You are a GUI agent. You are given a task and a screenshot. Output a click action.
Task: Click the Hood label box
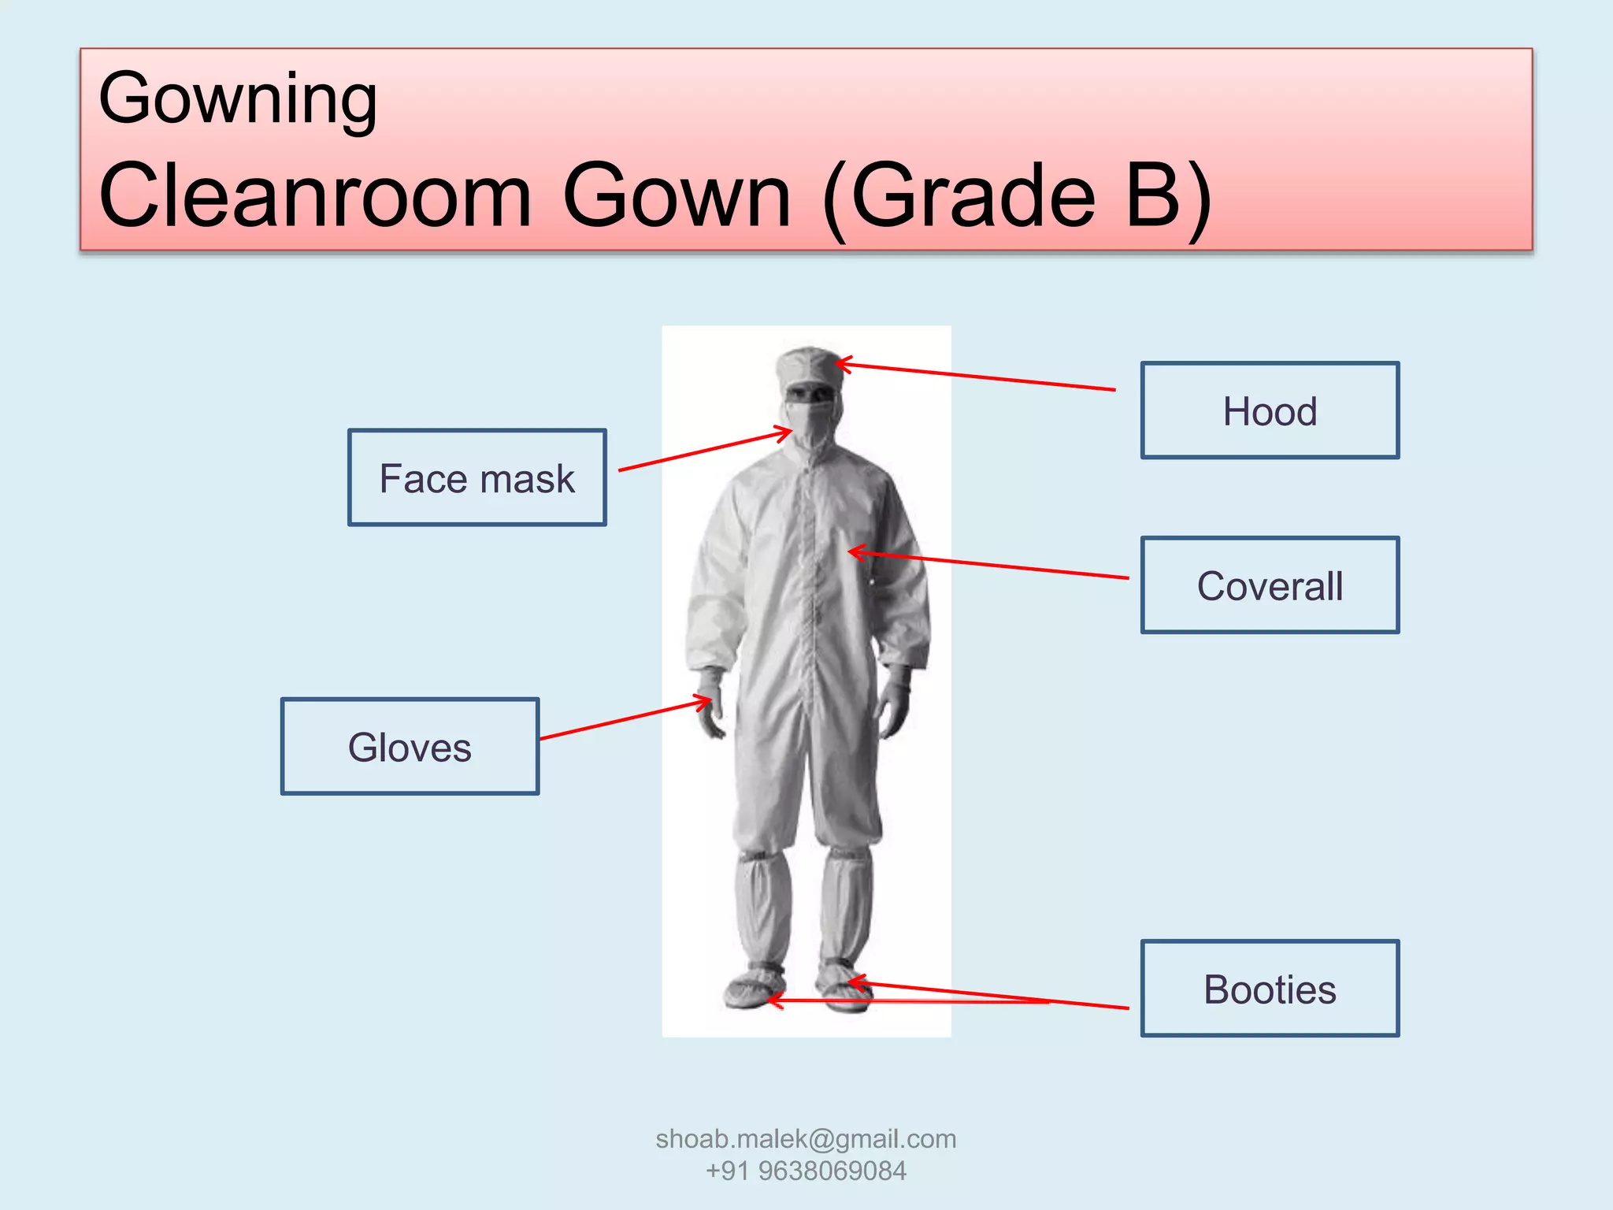(x=1270, y=410)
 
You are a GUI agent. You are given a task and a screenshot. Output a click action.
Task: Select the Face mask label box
(x=476, y=477)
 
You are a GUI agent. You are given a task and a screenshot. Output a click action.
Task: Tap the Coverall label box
(x=1270, y=585)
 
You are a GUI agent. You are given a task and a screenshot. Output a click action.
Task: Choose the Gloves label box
(x=410, y=746)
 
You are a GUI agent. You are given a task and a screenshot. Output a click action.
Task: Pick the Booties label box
(x=1270, y=988)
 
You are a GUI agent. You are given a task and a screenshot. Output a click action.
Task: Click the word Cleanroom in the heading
(x=315, y=195)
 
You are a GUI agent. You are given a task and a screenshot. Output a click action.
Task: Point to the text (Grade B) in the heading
(x=1016, y=195)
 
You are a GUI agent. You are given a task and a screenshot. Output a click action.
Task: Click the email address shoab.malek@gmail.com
(x=806, y=1138)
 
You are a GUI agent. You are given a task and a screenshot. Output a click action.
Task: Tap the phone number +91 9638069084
(x=806, y=1171)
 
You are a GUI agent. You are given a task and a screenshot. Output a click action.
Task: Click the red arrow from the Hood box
(x=977, y=377)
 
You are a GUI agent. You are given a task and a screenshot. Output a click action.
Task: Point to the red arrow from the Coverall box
(x=988, y=565)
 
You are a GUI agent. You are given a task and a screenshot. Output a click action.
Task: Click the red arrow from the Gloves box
(x=622, y=719)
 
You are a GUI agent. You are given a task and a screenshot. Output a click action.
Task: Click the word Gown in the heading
(x=677, y=195)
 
